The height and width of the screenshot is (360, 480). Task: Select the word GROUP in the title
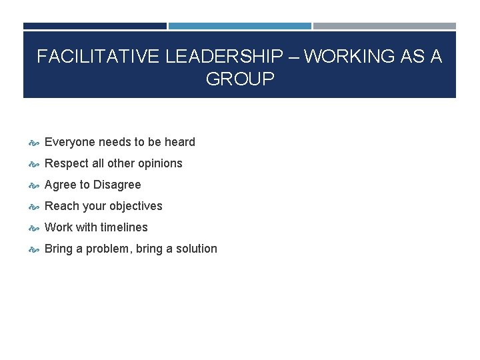click(x=240, y=79)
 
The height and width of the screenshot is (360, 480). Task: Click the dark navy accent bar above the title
click(x=95, y=26)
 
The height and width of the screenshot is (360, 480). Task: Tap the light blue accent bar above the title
click(x=239, y=26)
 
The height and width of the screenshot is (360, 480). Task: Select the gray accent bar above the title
click(x=385, y=26)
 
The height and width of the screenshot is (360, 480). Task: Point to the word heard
click(x=179, y=142)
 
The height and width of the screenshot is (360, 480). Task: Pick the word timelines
click(x=124, y=227)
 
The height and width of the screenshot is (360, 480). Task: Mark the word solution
click(x=195, y=249)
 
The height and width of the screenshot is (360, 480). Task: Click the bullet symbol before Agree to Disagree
click(x=34, y=185)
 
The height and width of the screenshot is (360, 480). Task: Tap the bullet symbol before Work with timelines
click(x=34, y=228)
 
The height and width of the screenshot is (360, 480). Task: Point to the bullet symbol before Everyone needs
click(x=34, y=143)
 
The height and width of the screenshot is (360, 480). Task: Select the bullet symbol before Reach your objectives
click(x=34, y=207)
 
